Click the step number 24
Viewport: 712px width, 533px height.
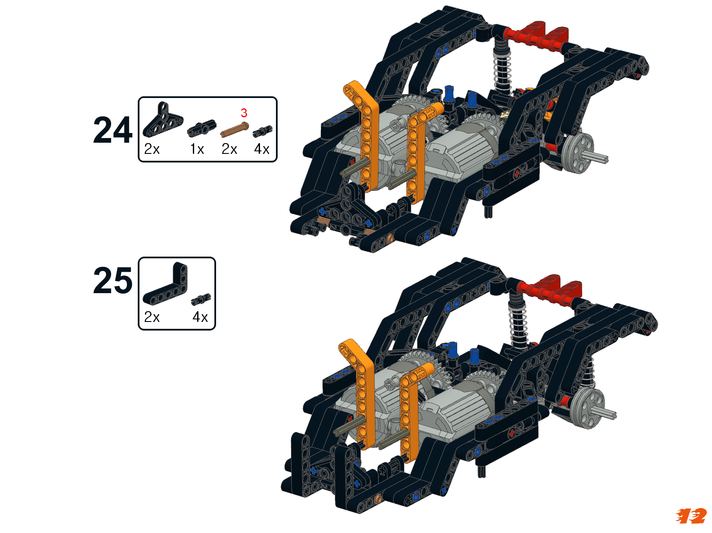[112, 130]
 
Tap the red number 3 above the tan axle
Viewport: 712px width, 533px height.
[244, 113]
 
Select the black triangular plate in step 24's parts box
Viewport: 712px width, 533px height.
[162, 120]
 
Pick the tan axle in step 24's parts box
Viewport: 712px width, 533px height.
[235, 129]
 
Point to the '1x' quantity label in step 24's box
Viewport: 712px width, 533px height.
[197, 149]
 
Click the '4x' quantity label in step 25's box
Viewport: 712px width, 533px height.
[200, 317]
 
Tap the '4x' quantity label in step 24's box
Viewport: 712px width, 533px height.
[261, 149]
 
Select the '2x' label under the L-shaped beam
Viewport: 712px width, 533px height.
[152, 317]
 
